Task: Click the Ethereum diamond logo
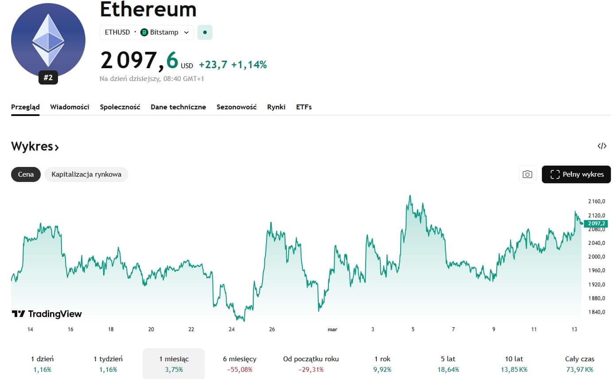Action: (48, 40)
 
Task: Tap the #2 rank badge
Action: (48, 78)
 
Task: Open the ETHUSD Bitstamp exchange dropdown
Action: (147, 32)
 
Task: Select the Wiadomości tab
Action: (70, 107)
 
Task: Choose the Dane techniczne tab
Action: (178, 107)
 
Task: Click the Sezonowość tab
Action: (236, 107)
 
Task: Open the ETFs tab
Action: (304, 107)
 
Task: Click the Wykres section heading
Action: (35, 147)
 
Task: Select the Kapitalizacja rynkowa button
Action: (86, 174)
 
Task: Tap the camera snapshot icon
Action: (527, 174)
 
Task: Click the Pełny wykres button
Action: (576, 174)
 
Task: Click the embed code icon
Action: (602, 146)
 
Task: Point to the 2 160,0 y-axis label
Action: (596, 201)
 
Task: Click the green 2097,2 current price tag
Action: (596, 224)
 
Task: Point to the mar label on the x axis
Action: (332, 329)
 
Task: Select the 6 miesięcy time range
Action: (239, 364)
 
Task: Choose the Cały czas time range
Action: (579, 364)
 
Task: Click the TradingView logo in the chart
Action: (47, 314)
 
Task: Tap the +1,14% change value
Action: (249, 65)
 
